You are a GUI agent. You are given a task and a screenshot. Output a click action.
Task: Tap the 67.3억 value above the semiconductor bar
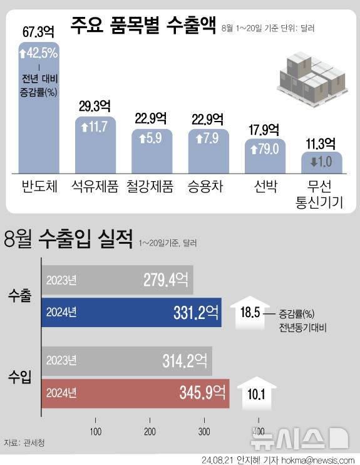pyautogui.click(x=40, y=31)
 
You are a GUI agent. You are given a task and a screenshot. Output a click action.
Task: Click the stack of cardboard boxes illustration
pyautogui.click(x=311, y=75)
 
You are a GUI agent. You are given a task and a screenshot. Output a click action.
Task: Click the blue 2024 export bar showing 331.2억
pyautogui.click(x=131, y=312)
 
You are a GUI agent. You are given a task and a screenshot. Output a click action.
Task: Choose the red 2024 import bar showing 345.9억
pyautogui.click(x=135, y=393)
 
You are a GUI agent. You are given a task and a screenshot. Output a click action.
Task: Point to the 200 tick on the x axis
pyautogui.click(x=150, y=431)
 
